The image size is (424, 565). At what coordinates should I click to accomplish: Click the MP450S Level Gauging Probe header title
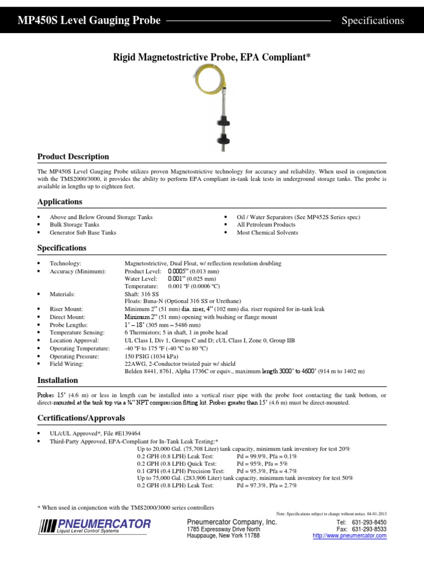point(90,21)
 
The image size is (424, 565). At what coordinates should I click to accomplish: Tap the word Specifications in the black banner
point(373,21)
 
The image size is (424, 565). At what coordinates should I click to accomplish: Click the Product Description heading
point(73,157)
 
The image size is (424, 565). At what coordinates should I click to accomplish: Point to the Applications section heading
point(60,202)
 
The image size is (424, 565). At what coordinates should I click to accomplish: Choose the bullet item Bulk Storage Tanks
point(75,225)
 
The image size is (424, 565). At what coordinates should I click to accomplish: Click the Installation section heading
point(57,381)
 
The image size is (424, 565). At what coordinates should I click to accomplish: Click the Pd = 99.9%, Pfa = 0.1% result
point(267,457)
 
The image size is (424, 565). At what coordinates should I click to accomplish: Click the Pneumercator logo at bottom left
point(94,525)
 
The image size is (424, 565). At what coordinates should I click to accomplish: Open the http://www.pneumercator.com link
point(349,536)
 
